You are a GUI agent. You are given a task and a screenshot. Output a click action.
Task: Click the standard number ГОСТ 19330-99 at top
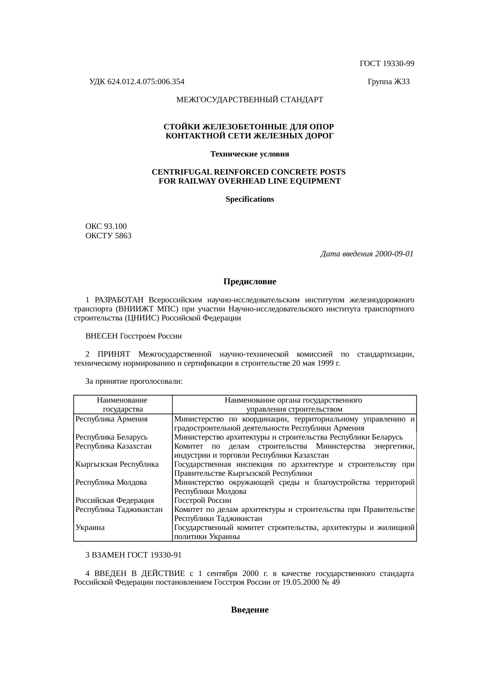(x=387, y=64)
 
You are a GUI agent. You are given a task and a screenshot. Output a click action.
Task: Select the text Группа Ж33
(x=388, y=82)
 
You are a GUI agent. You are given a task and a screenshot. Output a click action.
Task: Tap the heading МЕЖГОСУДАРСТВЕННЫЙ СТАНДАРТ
(x=250, y=100)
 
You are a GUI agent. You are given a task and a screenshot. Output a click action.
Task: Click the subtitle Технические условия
(x=250, y=154)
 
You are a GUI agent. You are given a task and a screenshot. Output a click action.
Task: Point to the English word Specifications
(x=250, y=199)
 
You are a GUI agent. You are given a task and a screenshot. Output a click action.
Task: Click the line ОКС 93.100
(x=106, y=226)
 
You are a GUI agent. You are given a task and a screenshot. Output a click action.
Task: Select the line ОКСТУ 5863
(x=108, y=236)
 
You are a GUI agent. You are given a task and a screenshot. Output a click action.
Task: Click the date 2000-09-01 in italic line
(x=394, y=254)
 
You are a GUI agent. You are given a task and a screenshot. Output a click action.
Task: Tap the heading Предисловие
(x=250, y=282)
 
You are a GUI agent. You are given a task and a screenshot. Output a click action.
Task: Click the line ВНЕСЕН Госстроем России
(x=133, y=336)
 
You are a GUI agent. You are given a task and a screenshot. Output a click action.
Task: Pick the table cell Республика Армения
(x=111, y=419)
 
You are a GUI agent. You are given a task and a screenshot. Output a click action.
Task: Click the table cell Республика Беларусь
(x=111, y=437)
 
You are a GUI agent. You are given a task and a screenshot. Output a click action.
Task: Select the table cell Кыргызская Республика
(x=117, y=464)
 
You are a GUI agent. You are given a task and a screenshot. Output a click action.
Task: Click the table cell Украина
(x=90, y=528)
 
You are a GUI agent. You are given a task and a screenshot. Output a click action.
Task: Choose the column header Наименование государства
(x=122, y=405)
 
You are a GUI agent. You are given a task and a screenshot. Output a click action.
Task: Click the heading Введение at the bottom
(x=250, y=610)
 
